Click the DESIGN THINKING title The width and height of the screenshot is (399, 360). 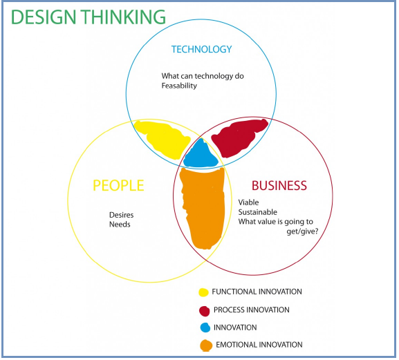(x=89, y=17)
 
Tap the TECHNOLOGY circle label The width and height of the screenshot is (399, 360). (x=201, y=49)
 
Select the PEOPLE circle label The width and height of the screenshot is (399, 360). (x=118, y=185)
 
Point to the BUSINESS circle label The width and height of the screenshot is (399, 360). (x=279, y=185)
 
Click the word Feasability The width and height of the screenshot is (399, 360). (x=179, y=86)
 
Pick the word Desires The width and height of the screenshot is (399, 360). (x=122, y=215)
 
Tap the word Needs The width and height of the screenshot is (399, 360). (x=120, y=225)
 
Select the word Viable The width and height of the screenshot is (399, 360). (x=248, y=202)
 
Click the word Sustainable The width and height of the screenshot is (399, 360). (x=257, y=212)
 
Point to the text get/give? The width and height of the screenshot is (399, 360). (x=302, y=231)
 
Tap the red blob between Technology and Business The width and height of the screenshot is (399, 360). (x=239, y=138)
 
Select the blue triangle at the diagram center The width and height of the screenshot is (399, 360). (x=201, y=155)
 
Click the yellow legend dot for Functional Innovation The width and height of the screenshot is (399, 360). (x=203, y=292)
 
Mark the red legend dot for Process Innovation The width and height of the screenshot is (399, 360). (x=204, y=311)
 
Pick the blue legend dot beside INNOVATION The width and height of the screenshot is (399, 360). (x=205, y=328)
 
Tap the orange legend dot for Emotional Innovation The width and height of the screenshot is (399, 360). (x=206, y=345)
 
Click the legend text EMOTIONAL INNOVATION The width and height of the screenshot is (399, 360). (x=259, y=345)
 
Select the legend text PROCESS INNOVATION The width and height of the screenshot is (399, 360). (x=252, y=310)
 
